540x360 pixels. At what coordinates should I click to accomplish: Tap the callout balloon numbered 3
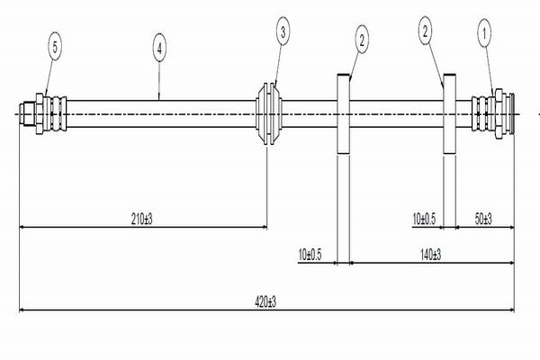point(283,33)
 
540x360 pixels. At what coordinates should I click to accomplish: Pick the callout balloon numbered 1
point(486,35)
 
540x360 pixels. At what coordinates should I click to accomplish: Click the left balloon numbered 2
point(362,38)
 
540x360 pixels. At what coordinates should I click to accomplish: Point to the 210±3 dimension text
point(142,218)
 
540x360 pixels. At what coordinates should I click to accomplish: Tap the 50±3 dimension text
point(484,218)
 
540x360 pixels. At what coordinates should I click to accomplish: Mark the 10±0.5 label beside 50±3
point(424,218)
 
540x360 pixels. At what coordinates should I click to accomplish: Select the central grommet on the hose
point(268,113)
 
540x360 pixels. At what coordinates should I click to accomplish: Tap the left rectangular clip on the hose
point(343,113)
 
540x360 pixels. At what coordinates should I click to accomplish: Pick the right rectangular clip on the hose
point(447,113)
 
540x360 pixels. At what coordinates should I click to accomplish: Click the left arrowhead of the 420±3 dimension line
point(22,311)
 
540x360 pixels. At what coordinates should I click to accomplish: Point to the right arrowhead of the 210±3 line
point(264,226)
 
